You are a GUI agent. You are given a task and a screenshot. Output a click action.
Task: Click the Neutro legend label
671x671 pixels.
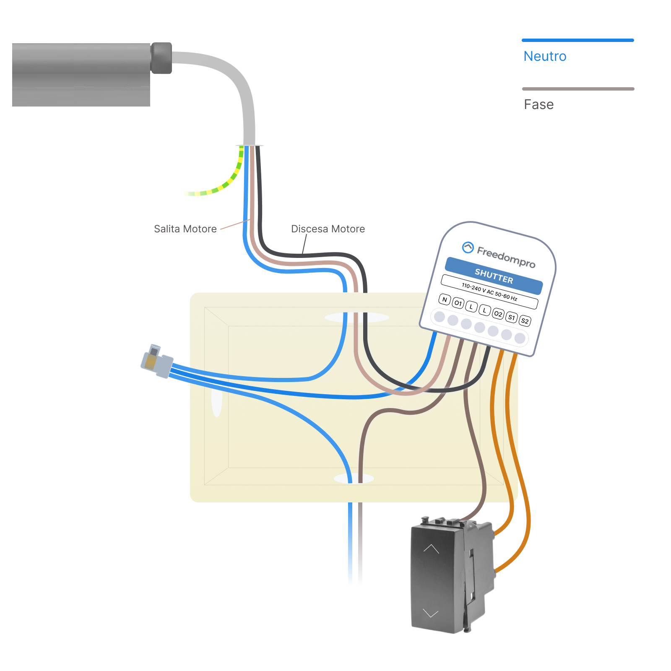pyautogui.click(x=545, y=56)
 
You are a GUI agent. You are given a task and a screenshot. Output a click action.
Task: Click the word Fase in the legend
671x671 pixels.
pyautogui.click(x=538, y=104)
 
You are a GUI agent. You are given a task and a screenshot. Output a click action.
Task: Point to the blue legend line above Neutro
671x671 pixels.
pyautogui.click(x=577, y=40)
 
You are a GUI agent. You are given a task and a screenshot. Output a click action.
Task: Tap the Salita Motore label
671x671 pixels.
pyautogui.click(x=185, y=229)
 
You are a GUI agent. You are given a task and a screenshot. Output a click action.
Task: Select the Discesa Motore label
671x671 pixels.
pyautogui.click(x=328, y=229)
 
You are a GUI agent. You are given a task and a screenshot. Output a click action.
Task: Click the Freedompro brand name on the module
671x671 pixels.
pyautogui.click(x=506, y=257)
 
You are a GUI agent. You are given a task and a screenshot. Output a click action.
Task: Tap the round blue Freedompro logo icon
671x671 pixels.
pyautogui.click(x=468, y=247)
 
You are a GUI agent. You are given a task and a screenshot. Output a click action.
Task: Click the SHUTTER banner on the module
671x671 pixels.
pyautogui.click(x=494, y=276)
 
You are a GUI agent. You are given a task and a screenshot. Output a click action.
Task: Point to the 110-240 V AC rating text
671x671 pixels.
pyautogui.click(x=489, y=291)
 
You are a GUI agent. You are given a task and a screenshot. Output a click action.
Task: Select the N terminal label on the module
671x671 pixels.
pyautogui.click(x=445, y=299)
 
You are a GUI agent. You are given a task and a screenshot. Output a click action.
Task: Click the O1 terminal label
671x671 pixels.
pyautogui.click(x=458, y=303)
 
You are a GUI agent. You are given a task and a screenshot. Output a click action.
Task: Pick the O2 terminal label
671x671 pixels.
pyautogui.click(x=498, y=314)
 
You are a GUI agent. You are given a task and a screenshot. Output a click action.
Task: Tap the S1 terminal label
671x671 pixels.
pyautogui.click(x=511, y=317)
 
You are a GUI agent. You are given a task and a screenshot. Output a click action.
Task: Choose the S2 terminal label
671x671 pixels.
pyautogui.click(x=525, y=321)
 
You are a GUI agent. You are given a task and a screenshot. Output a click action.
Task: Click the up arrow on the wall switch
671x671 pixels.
pyautogui.click(x=431, y=549)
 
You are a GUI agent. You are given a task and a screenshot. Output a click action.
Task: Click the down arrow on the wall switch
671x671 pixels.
pyautogui.click(x=430, y=613)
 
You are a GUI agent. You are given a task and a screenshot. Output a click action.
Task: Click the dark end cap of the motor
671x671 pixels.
pyautogui.click(x=161, y=58)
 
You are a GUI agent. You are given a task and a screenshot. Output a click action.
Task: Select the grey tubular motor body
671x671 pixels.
pyautogui.click(x=81, y=75)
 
